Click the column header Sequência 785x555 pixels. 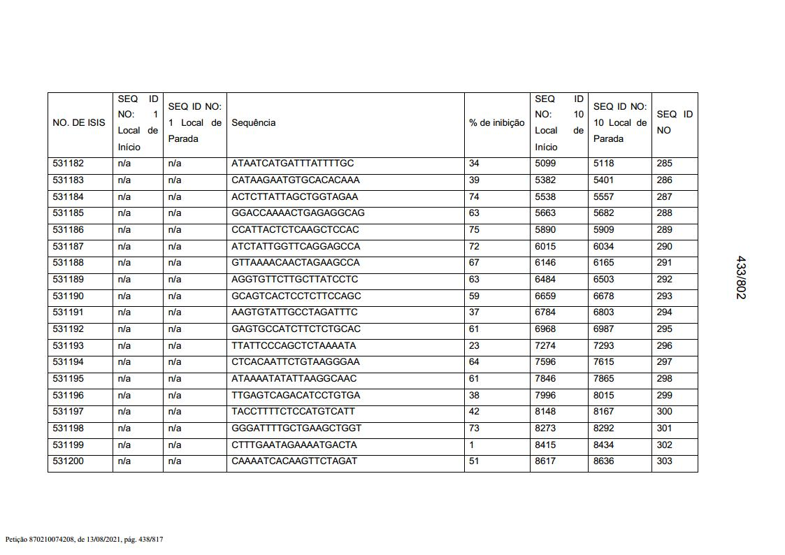253,123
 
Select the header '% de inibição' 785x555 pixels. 496,123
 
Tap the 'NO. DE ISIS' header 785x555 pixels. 79,123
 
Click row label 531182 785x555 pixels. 69,164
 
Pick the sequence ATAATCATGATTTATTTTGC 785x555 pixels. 293,164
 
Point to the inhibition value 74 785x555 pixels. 474,196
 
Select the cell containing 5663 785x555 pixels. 545,213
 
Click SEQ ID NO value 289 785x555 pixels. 664,230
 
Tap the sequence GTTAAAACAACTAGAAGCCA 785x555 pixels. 296,263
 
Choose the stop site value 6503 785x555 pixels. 603,280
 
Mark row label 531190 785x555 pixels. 69,296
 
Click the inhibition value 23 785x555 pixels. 474,345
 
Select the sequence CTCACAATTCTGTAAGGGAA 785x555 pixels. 296,362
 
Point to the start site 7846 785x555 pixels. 545,379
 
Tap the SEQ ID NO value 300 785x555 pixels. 664,412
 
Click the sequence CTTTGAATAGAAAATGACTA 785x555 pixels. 294,445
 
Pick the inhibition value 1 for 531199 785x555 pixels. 472,445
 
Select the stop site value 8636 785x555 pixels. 603,461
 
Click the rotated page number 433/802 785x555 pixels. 741,277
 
